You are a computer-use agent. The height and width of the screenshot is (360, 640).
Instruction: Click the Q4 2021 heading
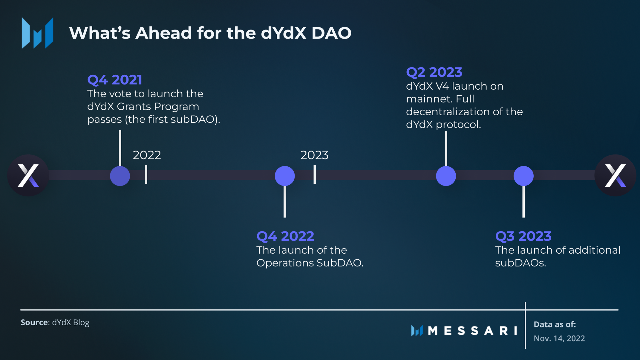pyautogui.click(x=115, y=80)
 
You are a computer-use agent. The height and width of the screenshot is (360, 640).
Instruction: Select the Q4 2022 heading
pyautogui.click(x=285, y=236)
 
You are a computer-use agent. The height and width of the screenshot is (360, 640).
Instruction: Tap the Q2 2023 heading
pyautogui.click(x=434, y=72)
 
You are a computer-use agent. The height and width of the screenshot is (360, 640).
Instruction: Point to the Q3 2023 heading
pyautogui.click(x=523, y=236)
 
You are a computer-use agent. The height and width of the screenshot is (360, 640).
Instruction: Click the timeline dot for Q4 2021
pyautogui.click(x=120, y=176)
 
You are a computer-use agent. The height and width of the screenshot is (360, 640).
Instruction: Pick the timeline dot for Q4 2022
pyautogui.click(x=285, y=176)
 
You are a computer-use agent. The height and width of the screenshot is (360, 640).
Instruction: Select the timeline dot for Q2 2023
pyautogui.click(x=446, y=176)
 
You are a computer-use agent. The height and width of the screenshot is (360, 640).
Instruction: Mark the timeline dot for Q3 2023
pyautogui.click(x=523, y=176)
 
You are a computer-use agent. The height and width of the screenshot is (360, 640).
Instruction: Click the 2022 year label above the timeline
pyautogui.click(x=147, y=155)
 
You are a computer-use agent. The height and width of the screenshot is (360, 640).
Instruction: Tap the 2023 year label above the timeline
pyautogui.click(x=314, y=155)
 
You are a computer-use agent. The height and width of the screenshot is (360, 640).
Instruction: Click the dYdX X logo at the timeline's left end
pyautogui.click(x=28, y=175)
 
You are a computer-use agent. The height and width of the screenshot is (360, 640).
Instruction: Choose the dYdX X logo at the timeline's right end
pyautogui.click(x=615, y=175)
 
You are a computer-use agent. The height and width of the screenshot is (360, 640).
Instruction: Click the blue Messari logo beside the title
pyautogui.click(x=37, y=33)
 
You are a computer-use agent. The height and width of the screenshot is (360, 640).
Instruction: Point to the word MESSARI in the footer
pyautogui.click(x=472, y=331)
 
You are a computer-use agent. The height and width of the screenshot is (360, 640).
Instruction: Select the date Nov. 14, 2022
pyautogui.click(x=559, y=338)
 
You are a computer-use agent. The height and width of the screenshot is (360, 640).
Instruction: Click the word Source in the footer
pyautogui.click(x=34, y=322)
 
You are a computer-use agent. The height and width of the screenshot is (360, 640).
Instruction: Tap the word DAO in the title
pyautogui.click(x=331, y=33)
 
